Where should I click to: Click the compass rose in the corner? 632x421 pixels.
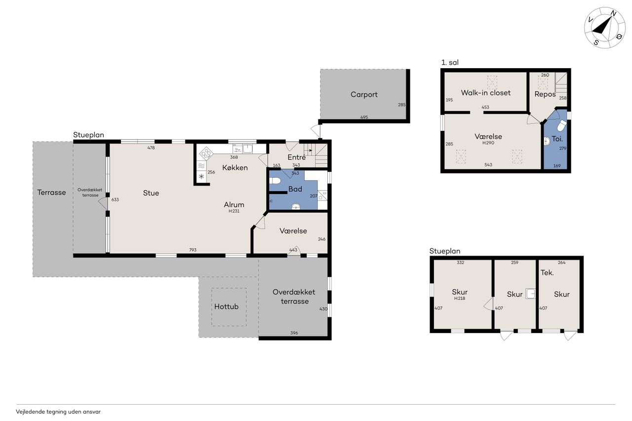(605, 32)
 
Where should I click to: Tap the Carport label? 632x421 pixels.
(364, 94)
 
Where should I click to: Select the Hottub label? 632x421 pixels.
(226, 306)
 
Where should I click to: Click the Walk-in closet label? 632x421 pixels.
(485, 93)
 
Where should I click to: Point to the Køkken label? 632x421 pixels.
(235, 168)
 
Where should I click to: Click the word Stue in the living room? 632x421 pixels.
(151, 193)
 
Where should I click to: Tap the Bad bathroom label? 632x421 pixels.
(295, 189)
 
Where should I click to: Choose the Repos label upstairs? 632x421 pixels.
(545, 94)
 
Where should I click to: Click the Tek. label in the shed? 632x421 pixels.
(547, 272)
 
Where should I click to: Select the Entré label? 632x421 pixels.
(297, 157)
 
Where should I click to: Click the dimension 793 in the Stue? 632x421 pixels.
(193, 250)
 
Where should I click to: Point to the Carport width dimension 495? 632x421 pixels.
(364, 117)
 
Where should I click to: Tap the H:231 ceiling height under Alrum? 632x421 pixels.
(234, 211)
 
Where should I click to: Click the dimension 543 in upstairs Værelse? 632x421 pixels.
(488, 165)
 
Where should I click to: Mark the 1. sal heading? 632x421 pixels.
(450, 63)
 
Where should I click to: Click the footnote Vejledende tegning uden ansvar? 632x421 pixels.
(58, 412)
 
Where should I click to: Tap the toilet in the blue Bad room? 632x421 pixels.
(274, 181)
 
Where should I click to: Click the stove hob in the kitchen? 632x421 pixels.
(206, 153)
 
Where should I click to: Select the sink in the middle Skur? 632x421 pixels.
(530, 294)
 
